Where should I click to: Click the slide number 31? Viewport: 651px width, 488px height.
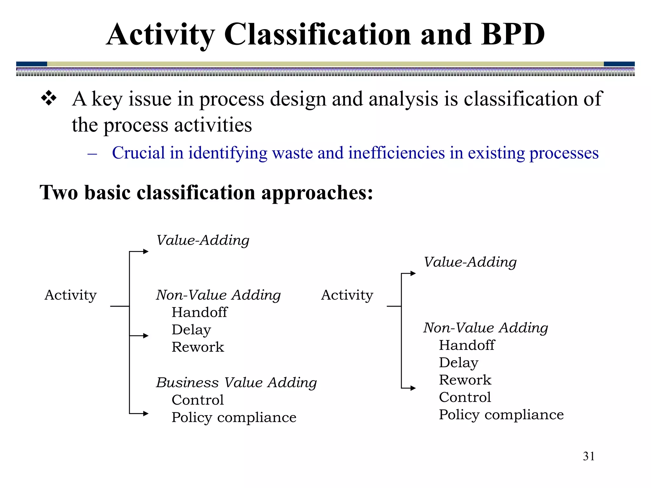coord(588,456)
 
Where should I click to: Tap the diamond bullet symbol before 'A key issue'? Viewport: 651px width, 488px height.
coord(49,98)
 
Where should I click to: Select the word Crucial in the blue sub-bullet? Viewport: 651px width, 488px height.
coord(138,153)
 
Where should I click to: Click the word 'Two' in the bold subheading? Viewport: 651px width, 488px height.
coord(58,193)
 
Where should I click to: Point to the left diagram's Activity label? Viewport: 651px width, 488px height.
coord(70,295)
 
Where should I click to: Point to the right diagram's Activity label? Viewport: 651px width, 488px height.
coord(347,295)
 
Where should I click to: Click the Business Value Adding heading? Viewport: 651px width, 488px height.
coord(236,382)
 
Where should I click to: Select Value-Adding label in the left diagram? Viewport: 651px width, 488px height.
coord(203,240)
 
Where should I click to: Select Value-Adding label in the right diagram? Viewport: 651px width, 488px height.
coord(470,262)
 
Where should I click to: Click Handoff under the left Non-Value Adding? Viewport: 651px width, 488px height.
coord(199,312)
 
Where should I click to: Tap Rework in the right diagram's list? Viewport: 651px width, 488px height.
coord(465,380)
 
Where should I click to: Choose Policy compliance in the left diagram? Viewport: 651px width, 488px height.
coord(234,417)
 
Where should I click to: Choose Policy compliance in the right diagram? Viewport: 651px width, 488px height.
coord(501,415)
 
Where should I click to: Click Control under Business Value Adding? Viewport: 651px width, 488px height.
coord(197,400)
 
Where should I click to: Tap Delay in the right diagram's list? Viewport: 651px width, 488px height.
coord(458,363)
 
